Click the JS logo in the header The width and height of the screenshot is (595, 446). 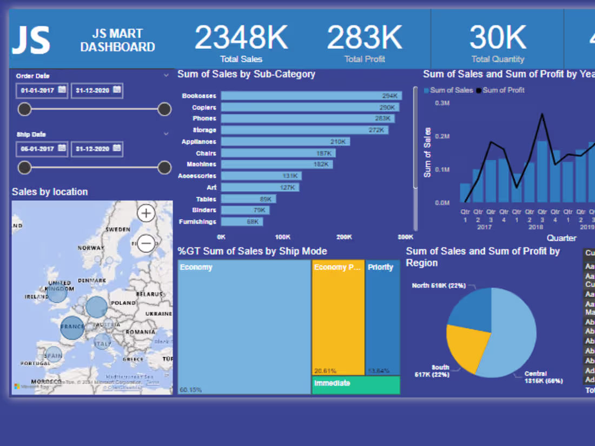tap(31, 41)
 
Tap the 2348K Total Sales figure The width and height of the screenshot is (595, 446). tap(241, 38)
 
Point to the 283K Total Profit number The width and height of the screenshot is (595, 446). tap(364, 38)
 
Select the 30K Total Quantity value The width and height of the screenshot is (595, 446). tap(498, 38)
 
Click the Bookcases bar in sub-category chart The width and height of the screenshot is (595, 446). tap(311, 96)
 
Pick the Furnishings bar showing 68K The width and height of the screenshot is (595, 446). tap(242, 222)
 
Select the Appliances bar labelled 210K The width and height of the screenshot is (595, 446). tap(285, 142)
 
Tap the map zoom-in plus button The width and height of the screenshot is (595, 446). tap(146, 214)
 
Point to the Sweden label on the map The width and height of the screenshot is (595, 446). tap(117, 229)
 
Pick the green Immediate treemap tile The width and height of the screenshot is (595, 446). tap(356, 385)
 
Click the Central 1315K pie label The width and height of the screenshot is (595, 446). tap(543, 377)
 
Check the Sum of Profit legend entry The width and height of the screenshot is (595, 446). tap(503, 90)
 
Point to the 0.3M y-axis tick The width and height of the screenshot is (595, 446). tap(442, 103)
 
